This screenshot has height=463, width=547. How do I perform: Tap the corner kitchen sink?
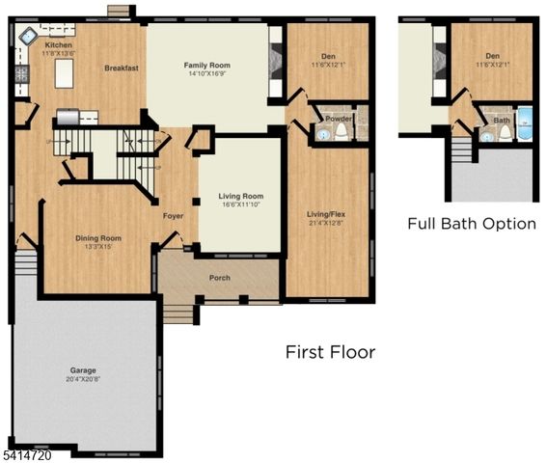coord(27,37)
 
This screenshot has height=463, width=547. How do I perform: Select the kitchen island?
coord(65,74)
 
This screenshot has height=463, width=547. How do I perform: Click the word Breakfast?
coord(122,68)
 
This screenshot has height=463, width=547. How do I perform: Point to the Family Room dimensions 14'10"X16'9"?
coord(206,73)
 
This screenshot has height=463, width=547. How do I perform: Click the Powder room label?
coord(338,119)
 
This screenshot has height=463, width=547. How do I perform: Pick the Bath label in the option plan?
coord(501,121)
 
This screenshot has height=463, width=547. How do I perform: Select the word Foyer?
coord(173,216)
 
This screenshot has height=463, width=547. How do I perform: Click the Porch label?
coord(220,278)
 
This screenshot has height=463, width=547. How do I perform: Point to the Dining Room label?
coord(98,237)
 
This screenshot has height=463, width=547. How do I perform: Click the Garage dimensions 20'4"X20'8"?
coord(82,377)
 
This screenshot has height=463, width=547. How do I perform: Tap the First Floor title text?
coord(330,352)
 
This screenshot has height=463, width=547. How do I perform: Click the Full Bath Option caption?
coord(471,224)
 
